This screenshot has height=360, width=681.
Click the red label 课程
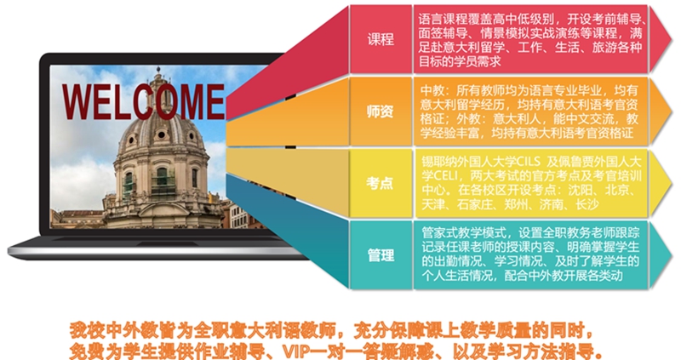(x=381, y=39)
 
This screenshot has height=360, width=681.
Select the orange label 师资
(x=381, y=111)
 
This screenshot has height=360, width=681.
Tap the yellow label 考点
(x=380, y=183)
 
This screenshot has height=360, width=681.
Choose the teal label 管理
(x=381, y=255)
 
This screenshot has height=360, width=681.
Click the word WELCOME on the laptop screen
(x=143, y=102)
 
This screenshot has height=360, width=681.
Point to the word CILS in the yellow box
(x=528, y=162)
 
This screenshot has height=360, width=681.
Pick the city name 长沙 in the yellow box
(x=587, y=204)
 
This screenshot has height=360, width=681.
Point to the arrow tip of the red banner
(x=672, y=39)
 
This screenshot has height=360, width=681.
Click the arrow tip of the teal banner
(x=672, y=255)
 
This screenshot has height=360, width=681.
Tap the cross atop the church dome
(x=158, y=70)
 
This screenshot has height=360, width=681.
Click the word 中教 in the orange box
(x=432, y=90)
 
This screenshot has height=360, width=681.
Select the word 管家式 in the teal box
(x=439, y=232)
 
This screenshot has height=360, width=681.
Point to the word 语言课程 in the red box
(x=443, y=19)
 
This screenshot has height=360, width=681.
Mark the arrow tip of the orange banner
(x=672, y=111)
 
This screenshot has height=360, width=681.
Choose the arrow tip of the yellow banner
(x=672, y=183)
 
